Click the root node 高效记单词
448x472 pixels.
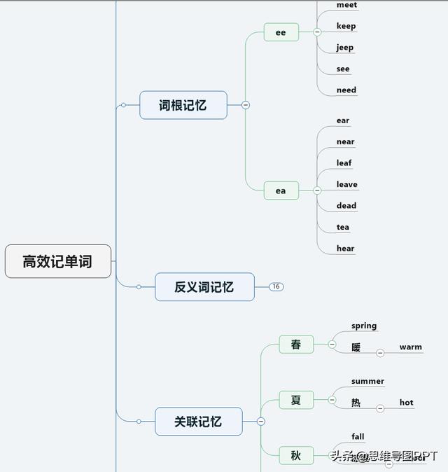58,261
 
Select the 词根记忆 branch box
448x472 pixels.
183,105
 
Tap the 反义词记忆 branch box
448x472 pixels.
204,287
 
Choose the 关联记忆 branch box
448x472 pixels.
198,422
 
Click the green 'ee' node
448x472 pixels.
281,32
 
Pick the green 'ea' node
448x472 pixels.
281,190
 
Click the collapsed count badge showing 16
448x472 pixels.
276,286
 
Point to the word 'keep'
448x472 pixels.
346,26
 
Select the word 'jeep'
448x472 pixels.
345,48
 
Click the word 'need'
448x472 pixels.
346,90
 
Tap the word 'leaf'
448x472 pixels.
344,163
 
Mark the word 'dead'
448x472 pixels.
346,206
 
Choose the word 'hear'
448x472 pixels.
345,249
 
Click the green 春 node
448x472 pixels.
296,345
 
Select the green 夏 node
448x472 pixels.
296,400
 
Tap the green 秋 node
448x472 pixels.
296,455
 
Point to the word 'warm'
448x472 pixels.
410,347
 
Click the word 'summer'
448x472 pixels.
367,382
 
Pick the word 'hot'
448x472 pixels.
406,403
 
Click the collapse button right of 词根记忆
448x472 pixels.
246,105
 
